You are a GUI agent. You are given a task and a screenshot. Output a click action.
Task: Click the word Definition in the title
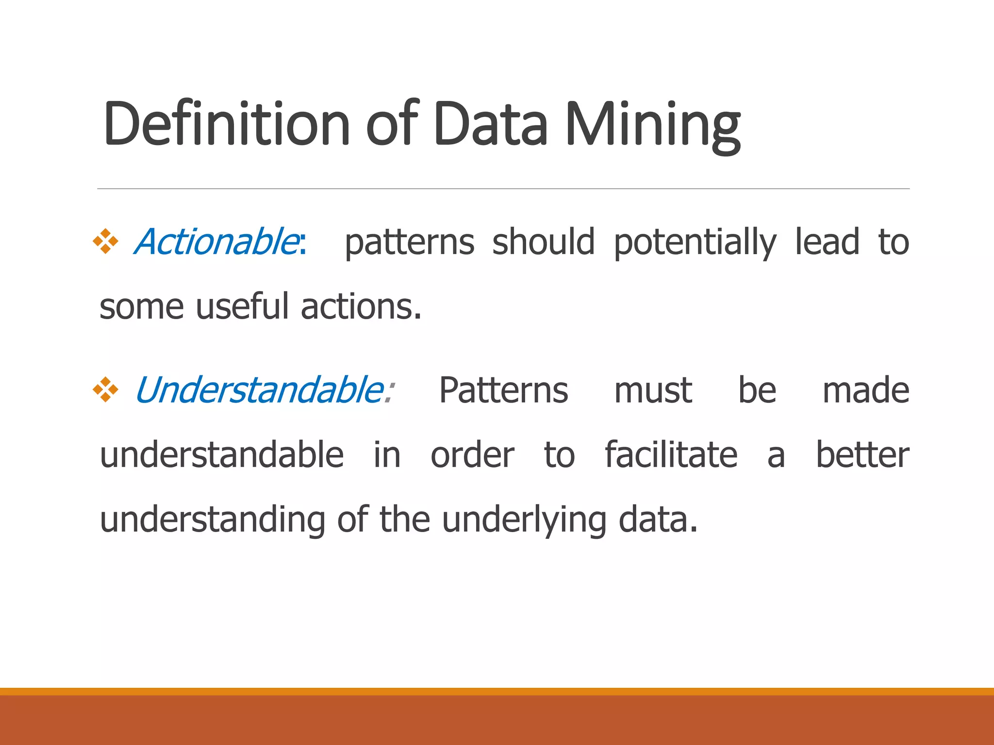(226, 123)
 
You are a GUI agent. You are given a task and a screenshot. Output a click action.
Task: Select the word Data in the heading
(491, 123)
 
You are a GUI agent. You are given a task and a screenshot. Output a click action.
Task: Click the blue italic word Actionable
(216, 242)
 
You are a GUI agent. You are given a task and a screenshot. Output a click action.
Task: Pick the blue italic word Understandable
(260, 390)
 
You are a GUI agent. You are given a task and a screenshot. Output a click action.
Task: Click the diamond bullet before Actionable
(106, 241)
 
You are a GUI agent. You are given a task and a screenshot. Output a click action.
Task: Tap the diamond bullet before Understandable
(106, 389)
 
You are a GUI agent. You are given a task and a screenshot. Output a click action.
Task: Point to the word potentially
(695, 243)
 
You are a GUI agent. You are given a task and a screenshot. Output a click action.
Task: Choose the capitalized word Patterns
(503, 390)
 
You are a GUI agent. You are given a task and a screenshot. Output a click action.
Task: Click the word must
(653, 391)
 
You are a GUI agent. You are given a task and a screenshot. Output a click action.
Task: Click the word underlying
(524, 520)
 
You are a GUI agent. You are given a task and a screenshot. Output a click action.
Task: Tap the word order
(472, 455)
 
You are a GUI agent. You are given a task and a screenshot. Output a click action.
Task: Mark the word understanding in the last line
(213, 520)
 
